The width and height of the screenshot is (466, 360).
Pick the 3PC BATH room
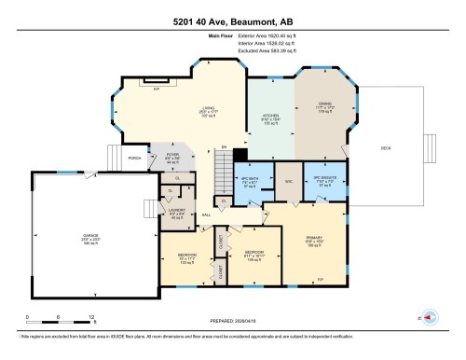249,183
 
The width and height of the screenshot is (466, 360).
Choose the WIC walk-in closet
290,182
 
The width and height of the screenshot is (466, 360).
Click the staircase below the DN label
224,173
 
